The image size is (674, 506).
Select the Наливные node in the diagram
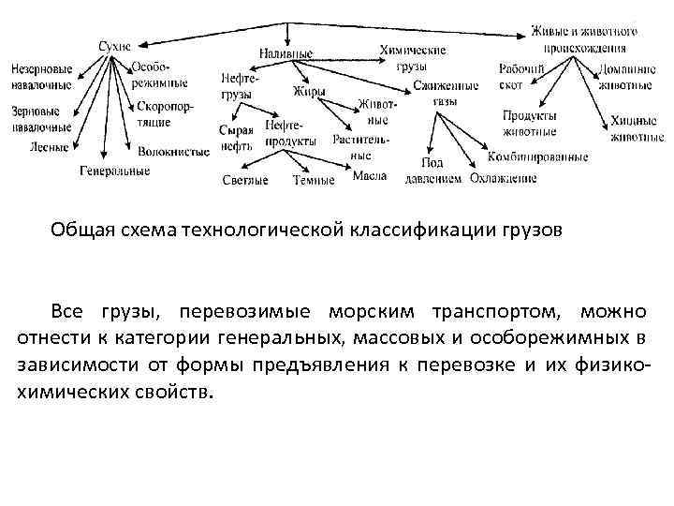coord(286,53)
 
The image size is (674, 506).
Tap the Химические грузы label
coord(412,58)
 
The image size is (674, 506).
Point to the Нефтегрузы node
coord(238,87)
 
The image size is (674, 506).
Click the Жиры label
coord(309,92)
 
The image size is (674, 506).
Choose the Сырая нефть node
coord(236,137)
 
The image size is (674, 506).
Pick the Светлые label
coord(245,180)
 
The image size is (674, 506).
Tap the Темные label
coord(313,180)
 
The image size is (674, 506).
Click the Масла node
coord(370,176)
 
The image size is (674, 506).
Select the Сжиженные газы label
coord(446,92)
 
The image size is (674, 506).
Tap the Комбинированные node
coord(537,156)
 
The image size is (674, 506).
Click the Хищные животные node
coord(637,128)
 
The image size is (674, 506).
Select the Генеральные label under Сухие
coord(114,171)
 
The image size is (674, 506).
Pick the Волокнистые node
coord(173,150)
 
